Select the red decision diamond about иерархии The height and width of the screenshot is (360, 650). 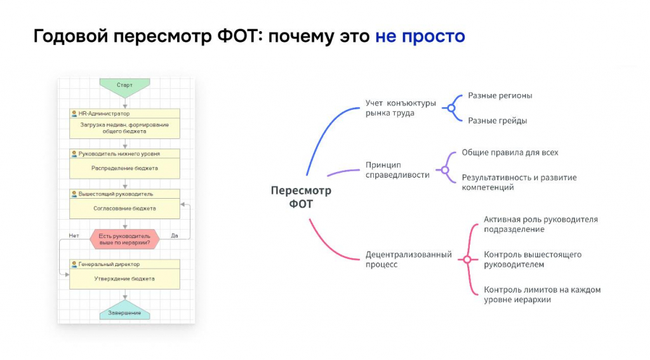tap(124, 239)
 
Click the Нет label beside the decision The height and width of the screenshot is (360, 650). tap(74, 236)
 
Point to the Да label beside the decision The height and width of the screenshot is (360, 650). tap(175, 236)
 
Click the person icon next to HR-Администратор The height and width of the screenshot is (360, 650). tap(74, 114)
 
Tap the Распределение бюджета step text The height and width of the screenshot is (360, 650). tap(124, 168)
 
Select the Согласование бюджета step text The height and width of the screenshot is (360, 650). tap(124, 209)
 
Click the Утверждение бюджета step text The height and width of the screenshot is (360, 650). tap(124, 279)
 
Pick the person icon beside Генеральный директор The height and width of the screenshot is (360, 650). tap(74, 264)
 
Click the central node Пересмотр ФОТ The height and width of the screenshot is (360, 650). tap(301, 197)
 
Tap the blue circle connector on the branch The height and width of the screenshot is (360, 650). tap(451, 108)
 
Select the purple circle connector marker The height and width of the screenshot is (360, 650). tap(445, 170)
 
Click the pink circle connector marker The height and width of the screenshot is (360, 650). tap(467, 260)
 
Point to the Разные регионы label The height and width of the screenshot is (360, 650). tap(500, 96)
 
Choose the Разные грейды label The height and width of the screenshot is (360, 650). tap(498, 121)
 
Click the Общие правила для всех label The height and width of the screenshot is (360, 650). tap(510, 152)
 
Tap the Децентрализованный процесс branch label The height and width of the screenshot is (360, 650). tap(408, 260)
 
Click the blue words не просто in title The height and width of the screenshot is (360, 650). tap(420, 36)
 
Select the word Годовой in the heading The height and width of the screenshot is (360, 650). tap(71, 36)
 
